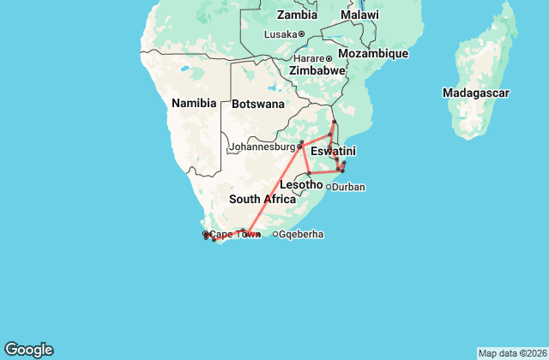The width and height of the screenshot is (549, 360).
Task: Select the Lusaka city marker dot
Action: tap(301, 34)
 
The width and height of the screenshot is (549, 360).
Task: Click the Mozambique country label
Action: tap(372, 53)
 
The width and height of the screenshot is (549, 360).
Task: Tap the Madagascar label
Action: tap(476, 92)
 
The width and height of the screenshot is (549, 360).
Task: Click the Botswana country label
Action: tap(257, 104)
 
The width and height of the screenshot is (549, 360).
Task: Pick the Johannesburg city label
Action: tap(261, 147)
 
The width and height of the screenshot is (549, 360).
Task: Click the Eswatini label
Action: tap(334, 151)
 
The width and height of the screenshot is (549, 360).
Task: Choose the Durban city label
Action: tap(348, 186)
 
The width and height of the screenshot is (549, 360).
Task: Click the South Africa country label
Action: tap(262, 199)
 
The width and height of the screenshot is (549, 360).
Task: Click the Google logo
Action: tap(28, 349)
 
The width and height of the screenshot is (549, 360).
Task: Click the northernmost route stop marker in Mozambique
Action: tap(334, 122)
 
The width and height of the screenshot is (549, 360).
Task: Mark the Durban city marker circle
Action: tap(328, 186)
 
